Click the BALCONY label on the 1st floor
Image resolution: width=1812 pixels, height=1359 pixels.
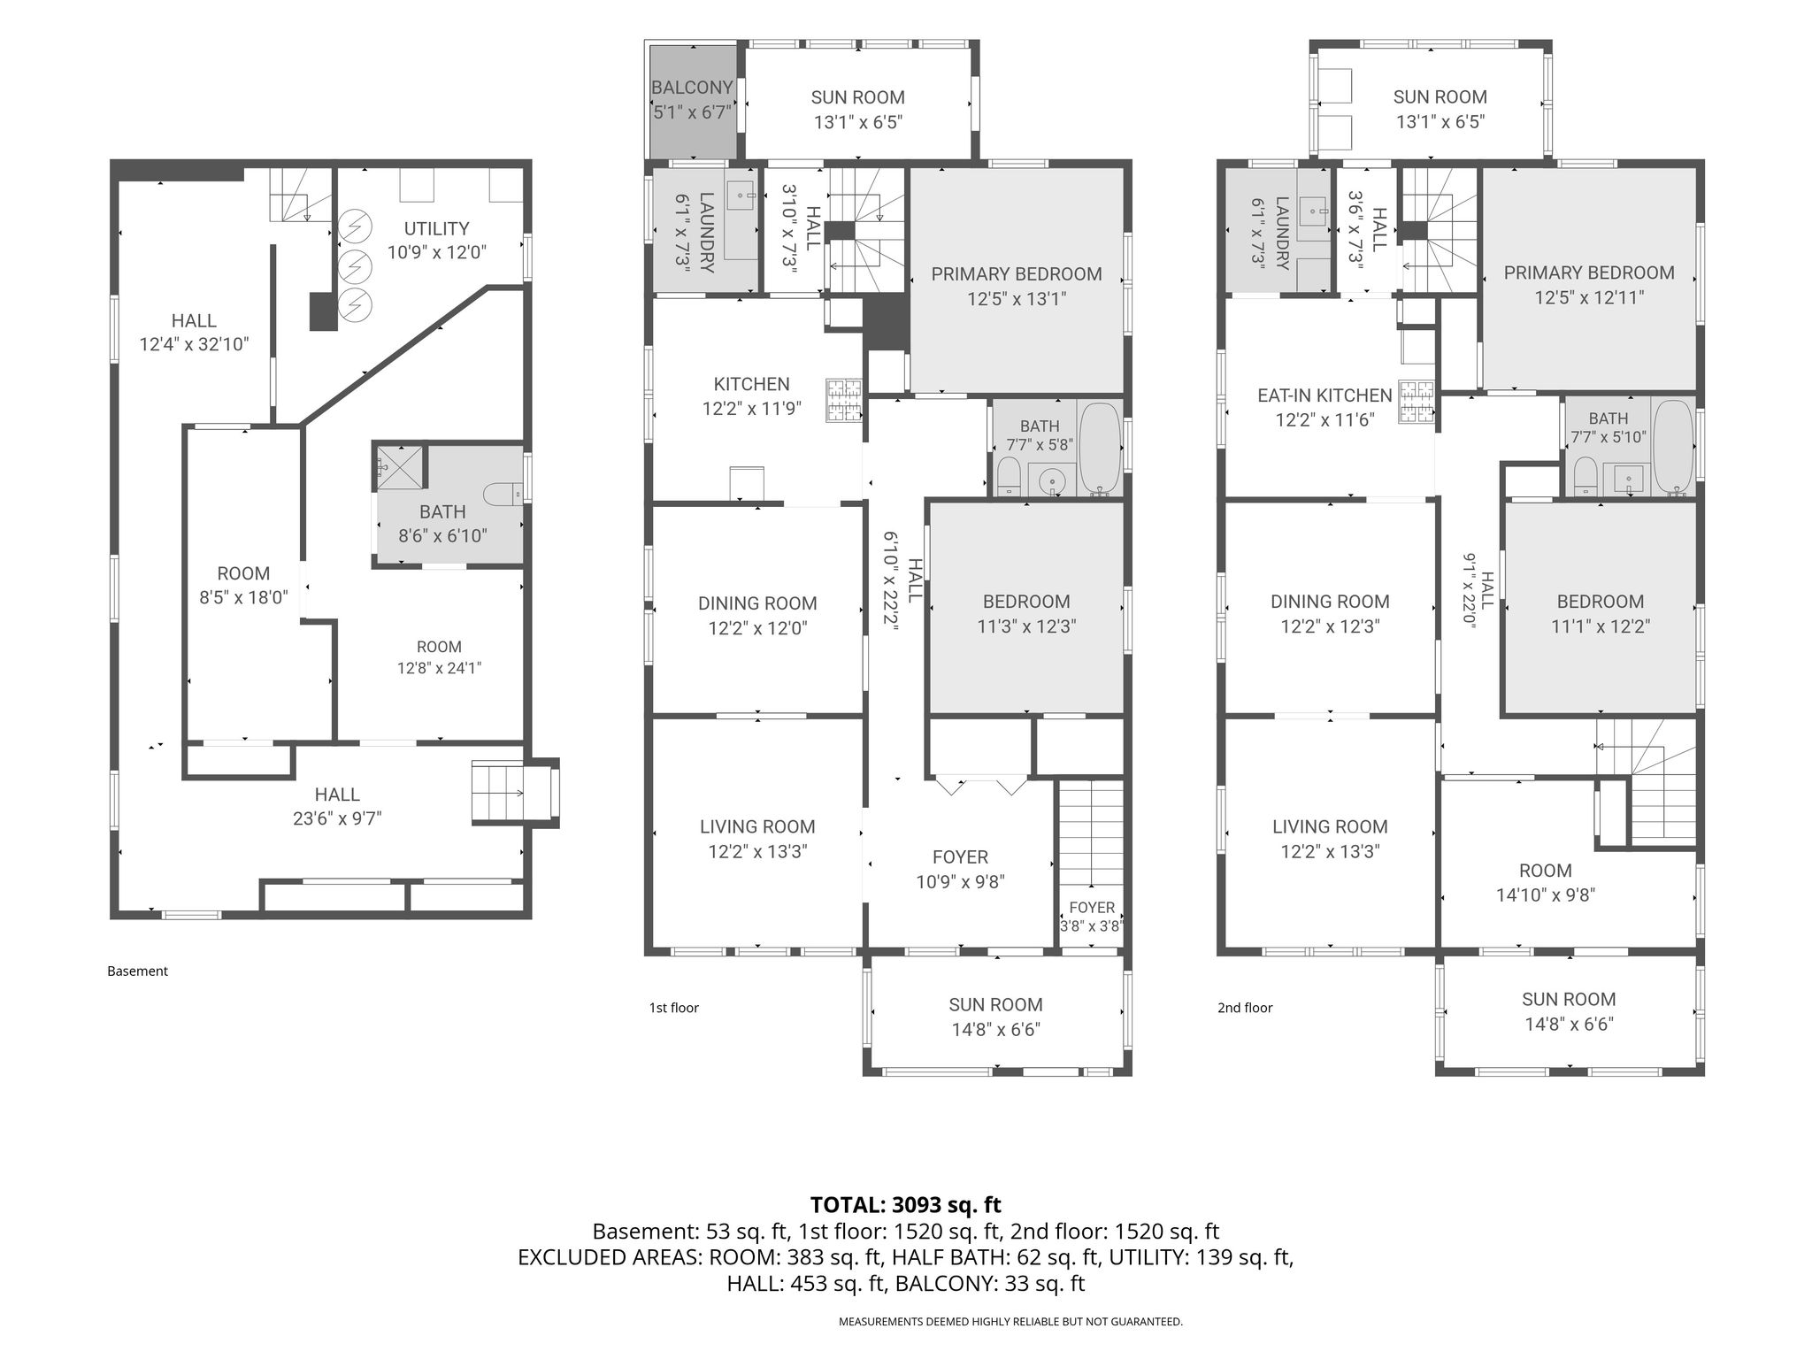click(692, 88)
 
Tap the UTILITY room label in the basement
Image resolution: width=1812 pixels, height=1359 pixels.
click(436, 228)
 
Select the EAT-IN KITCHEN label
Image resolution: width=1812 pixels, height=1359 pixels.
click(1324, 395)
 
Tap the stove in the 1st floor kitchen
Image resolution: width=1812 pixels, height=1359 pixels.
click(844, 401)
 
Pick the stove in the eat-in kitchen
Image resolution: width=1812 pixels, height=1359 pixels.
click(1417, 402)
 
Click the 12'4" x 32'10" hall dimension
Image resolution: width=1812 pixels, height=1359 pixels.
click(194, 344)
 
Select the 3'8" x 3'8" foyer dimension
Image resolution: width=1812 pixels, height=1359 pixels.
click(1092, 926)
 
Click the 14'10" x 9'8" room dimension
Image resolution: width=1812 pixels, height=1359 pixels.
click(1545, 894)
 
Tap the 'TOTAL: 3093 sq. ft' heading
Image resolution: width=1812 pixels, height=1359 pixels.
click(906, 1204)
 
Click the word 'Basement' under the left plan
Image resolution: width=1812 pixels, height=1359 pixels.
click(137, 971)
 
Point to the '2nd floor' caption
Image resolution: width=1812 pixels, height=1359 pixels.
click(1245, 1007)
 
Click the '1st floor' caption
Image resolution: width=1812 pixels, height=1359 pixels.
click(674, 1007)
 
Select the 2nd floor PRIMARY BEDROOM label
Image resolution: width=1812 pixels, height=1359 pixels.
click(1589, 273)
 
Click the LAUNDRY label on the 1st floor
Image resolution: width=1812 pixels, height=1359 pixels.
click(707, 232)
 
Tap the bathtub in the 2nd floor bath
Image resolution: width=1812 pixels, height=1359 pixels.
click(1672, 447)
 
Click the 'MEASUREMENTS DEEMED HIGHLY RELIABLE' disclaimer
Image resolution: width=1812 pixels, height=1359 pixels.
click(1010, 1322)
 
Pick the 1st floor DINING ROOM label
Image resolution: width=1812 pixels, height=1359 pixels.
click(757, 603)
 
